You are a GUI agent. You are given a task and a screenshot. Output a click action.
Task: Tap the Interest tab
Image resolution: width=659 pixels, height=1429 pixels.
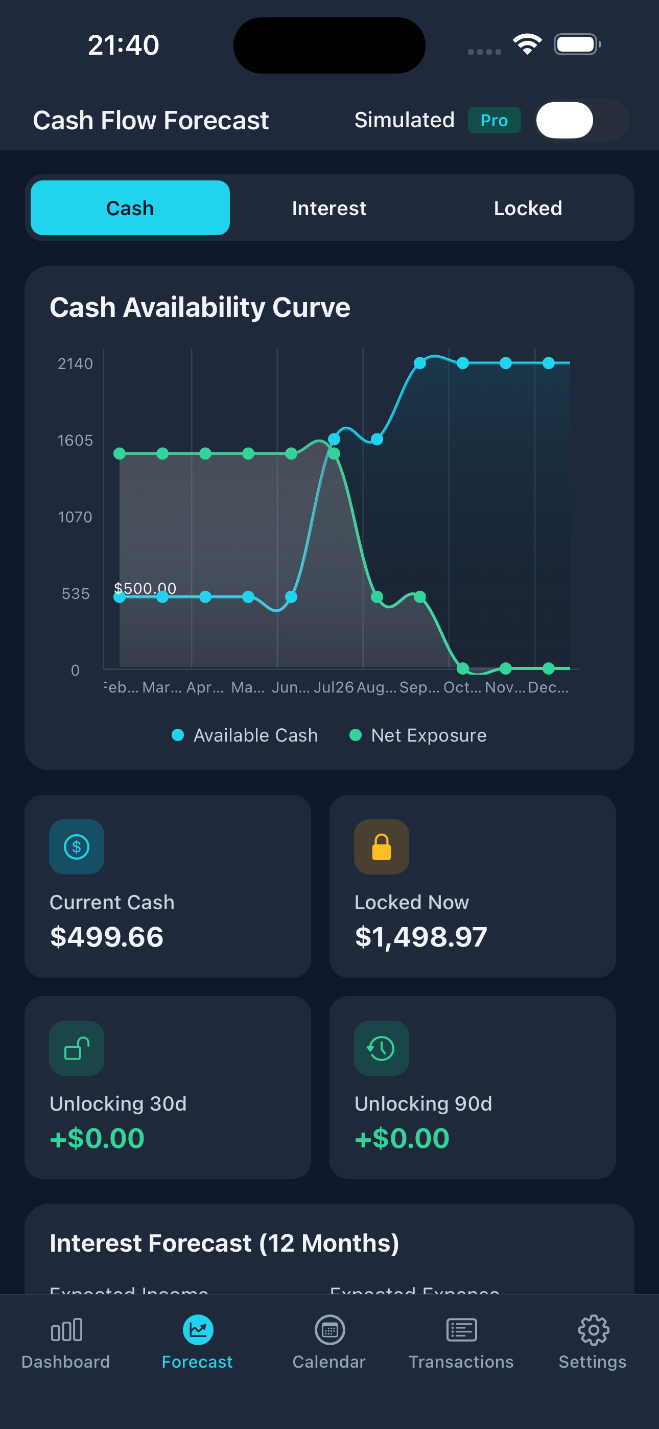pos(329,208)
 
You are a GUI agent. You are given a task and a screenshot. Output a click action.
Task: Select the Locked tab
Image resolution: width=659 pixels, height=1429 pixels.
pos(528,208)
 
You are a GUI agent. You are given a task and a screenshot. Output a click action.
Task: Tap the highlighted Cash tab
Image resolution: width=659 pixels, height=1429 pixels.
pos(130,208)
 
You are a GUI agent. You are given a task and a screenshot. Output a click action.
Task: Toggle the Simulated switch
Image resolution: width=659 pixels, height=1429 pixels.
pos(581,121)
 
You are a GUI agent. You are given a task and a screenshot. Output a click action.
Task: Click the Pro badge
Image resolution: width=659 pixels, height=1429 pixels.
pos(493,121)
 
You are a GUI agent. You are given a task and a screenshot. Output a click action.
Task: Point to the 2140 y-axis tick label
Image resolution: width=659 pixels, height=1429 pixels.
pos(75,364)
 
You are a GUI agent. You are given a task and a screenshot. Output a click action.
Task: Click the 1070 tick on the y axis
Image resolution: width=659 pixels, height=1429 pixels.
pos(75,517)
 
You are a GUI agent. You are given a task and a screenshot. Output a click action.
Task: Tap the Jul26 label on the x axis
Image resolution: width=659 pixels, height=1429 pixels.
pos(334,687)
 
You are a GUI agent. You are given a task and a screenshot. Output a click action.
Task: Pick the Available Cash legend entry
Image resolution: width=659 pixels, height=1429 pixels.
pos(245,735)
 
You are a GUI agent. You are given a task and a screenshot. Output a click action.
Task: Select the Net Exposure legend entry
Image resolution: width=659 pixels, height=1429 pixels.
pos(418,735)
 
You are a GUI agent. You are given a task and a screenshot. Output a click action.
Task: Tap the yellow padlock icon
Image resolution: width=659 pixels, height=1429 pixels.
pos(382,847)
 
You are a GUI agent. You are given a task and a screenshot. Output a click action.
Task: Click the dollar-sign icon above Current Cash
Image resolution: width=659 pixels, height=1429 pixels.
pos(77,847)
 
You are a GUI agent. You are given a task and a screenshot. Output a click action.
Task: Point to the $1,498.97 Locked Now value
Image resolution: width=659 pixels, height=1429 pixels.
pos(421,937)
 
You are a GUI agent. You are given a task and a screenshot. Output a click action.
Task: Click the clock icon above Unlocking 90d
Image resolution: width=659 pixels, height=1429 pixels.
pos(382,1048)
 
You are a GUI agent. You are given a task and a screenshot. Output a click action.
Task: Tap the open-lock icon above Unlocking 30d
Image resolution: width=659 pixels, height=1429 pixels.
pos(77,1048)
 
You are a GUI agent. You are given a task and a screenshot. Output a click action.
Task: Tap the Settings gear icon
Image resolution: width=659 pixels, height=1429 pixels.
pos(593,1330)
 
